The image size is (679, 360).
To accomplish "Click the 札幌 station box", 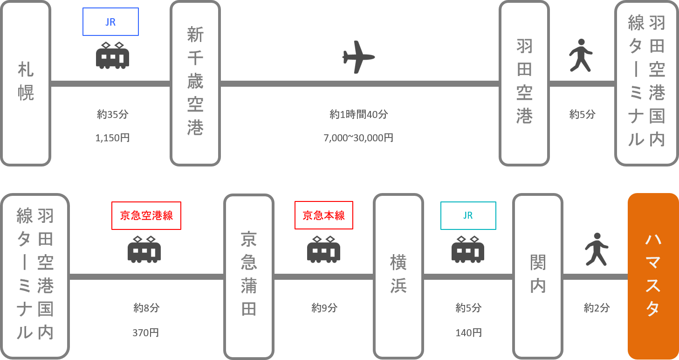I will (26, 83).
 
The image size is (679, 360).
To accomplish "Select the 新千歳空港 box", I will (195, 83).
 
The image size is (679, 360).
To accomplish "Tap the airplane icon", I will (358, 57).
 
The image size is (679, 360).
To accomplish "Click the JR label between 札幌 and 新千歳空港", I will (110, 22).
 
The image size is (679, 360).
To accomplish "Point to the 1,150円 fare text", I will (112, 138).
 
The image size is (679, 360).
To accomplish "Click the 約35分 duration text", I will (112, 114).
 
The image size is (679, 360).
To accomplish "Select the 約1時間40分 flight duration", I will (358, 114).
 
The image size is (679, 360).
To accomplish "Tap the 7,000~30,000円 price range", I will (358, 138).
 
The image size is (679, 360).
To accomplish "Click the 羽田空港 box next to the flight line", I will (524, 83).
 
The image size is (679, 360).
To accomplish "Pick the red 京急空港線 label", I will (146, 215).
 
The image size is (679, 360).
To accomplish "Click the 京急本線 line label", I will (324, 215).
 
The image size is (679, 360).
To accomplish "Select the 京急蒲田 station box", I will (249, 277).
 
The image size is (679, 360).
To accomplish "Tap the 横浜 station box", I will (398, 277).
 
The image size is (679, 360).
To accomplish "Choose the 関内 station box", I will (538, 277).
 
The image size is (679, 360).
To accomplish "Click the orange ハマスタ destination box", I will (653, 277).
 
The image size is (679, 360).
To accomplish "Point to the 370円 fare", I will (146, 332).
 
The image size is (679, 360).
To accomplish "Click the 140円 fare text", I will (468, 332).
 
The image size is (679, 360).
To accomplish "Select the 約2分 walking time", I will (597, 308).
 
